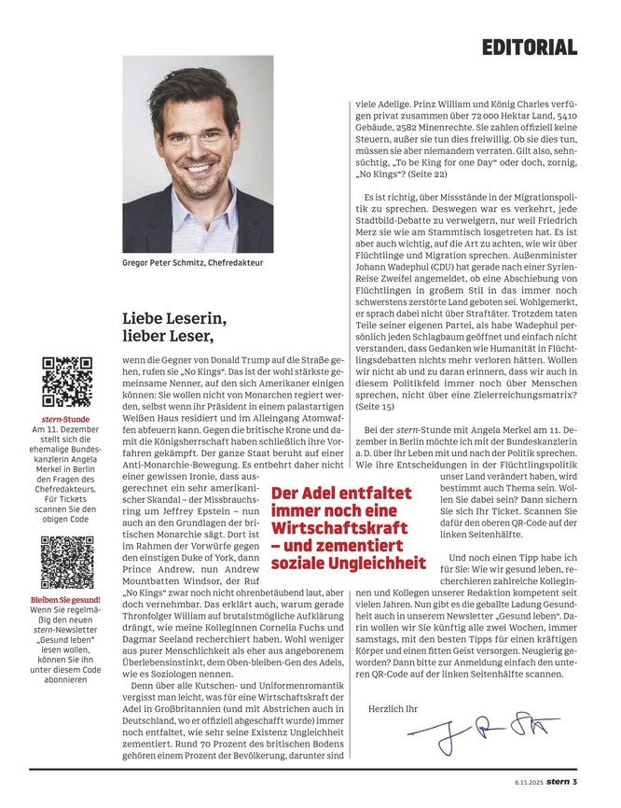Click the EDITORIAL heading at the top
pos(531,47)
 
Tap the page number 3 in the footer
pos(576,780)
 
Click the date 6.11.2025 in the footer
pos(528,781)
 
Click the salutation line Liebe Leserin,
pos(174,317)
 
